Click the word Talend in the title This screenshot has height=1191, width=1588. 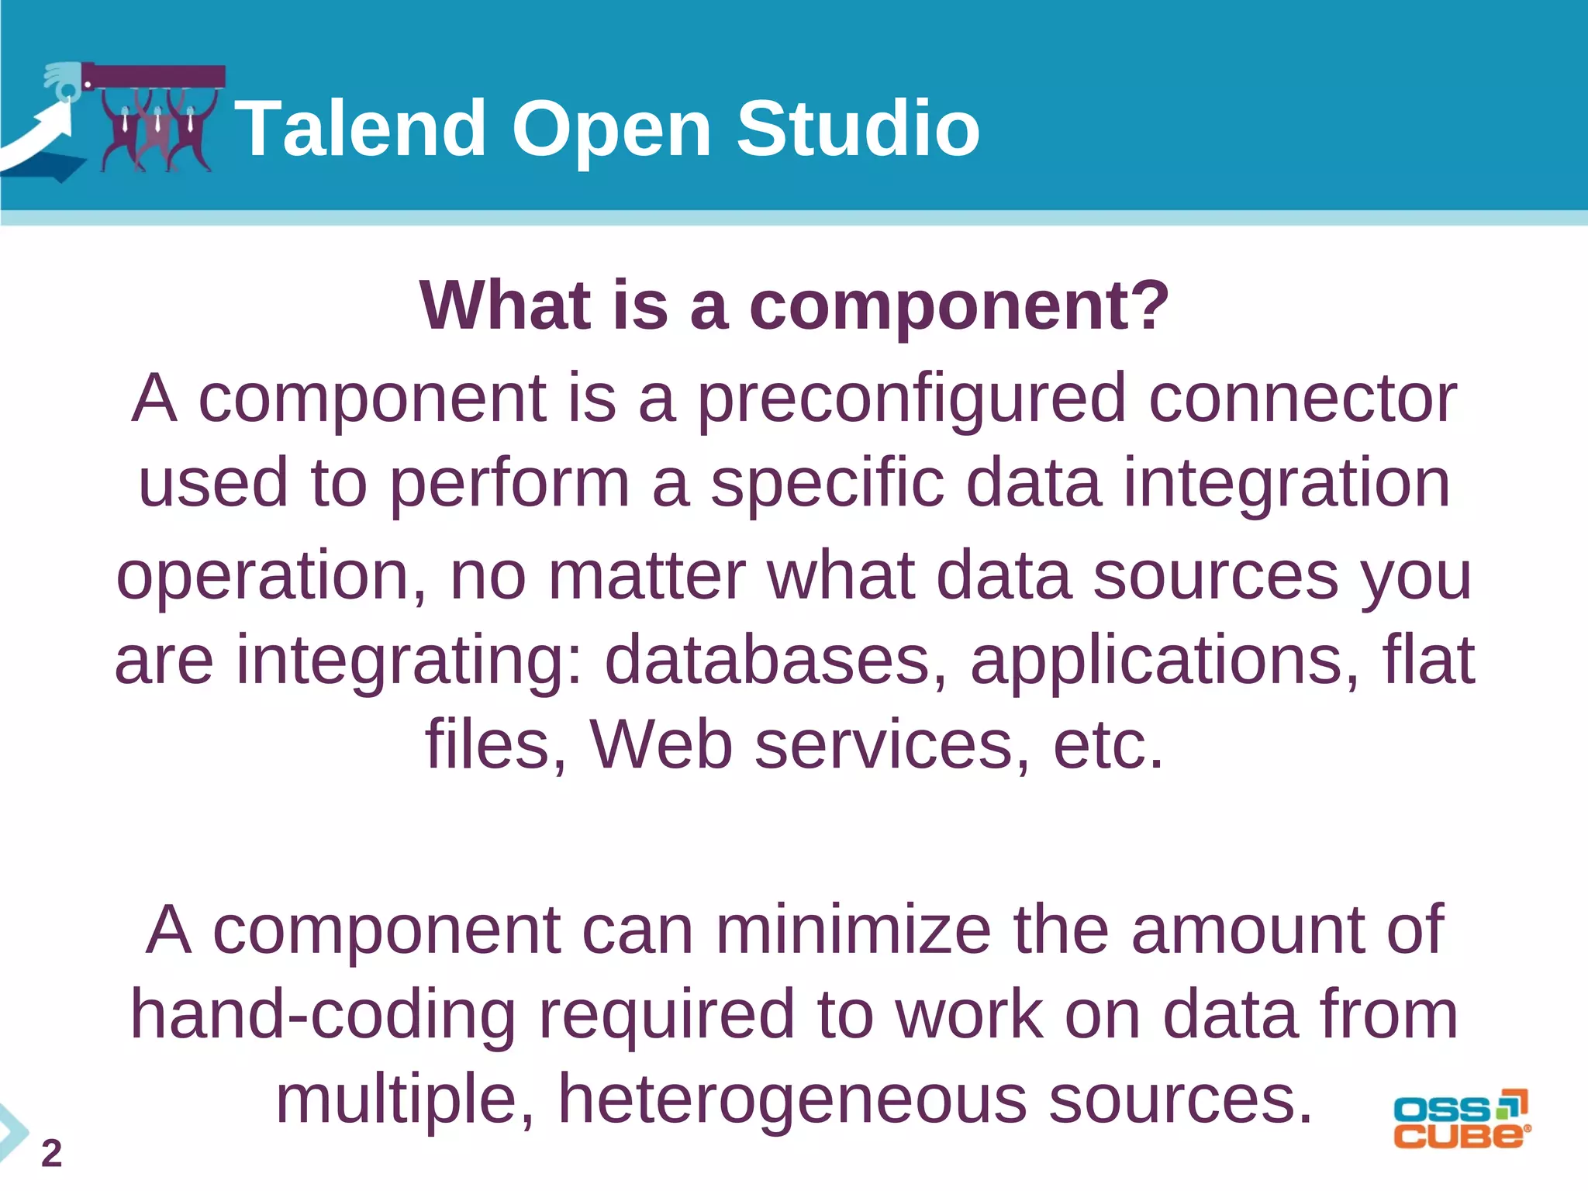pyautogui.click(x=361, y=129)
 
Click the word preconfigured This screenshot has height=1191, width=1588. pyautogui.click(x=911, y=399)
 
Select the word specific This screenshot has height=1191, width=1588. pyautogui.click(x=827, y=484)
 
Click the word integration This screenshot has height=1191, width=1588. pyautogui.click(x=1286, y=484)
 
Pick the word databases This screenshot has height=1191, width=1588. pyautogui.click(x=775, y=660)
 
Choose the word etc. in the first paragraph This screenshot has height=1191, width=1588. pyautogui.click(x=1108, y=745)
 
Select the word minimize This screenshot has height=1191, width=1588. pyautogui.click(x=853, y=930)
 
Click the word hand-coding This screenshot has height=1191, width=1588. pyautogui.click(x=323, y=1015)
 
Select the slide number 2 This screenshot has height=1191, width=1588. pyautogui.click(x=51, y=1154)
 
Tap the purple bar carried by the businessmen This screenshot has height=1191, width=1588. pyautogui.click(x=155, y=77)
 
